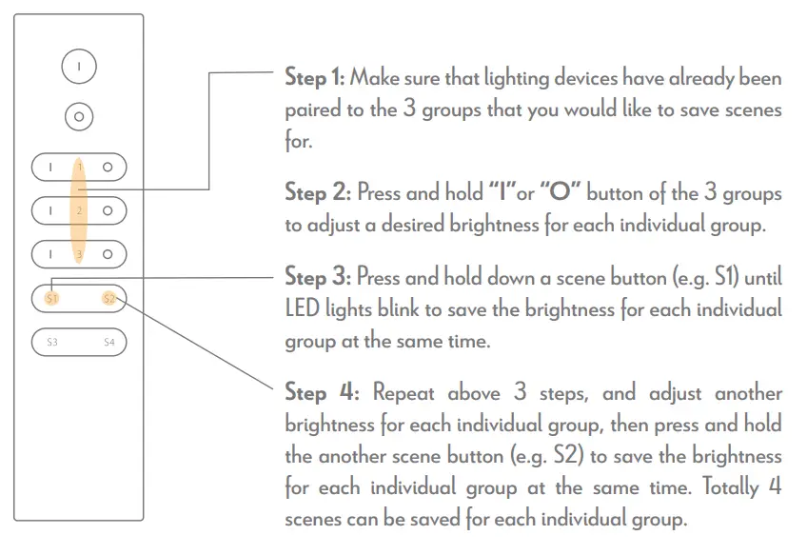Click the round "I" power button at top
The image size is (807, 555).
tap(79, 68)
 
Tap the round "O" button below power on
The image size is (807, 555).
tap(79, 117)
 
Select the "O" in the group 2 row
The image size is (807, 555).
tap(108, 209)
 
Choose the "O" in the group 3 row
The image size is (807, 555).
tap(108, 254)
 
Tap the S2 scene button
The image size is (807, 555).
tap(108, 299)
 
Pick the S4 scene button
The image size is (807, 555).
tap(108, 341)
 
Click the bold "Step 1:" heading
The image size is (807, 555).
tap(317, 78)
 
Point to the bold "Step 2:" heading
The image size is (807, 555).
tap(318, 193)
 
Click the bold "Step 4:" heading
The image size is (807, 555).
tap(322, 392)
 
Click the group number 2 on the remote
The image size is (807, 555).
tap(80, 209)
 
